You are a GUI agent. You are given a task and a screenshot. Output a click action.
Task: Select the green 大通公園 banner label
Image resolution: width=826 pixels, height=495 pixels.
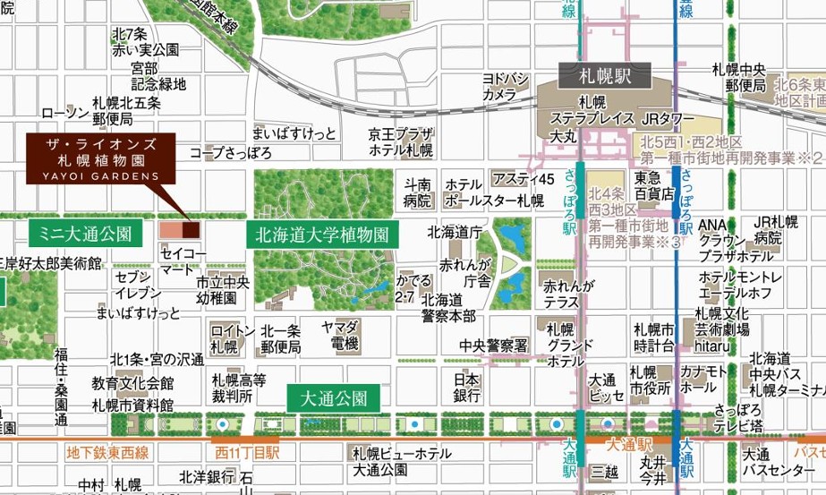click(334, 398)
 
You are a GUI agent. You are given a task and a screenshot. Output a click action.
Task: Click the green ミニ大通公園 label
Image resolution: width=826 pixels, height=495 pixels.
click(86, 235)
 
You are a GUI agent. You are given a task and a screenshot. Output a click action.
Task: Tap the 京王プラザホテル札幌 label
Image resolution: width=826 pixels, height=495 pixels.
click(400, 141)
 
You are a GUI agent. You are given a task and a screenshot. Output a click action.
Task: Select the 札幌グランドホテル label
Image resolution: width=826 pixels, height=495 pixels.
click(566, 345)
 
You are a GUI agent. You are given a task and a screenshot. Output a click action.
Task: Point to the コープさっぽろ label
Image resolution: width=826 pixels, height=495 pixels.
click(230, 153)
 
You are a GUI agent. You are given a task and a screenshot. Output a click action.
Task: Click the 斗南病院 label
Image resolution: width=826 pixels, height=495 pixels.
click(417, 192)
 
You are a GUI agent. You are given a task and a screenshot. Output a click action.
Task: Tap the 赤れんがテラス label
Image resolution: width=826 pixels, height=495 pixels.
click(566, 294)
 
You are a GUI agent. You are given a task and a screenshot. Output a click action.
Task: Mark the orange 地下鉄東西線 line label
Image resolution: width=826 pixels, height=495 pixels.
click(107, 454)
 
